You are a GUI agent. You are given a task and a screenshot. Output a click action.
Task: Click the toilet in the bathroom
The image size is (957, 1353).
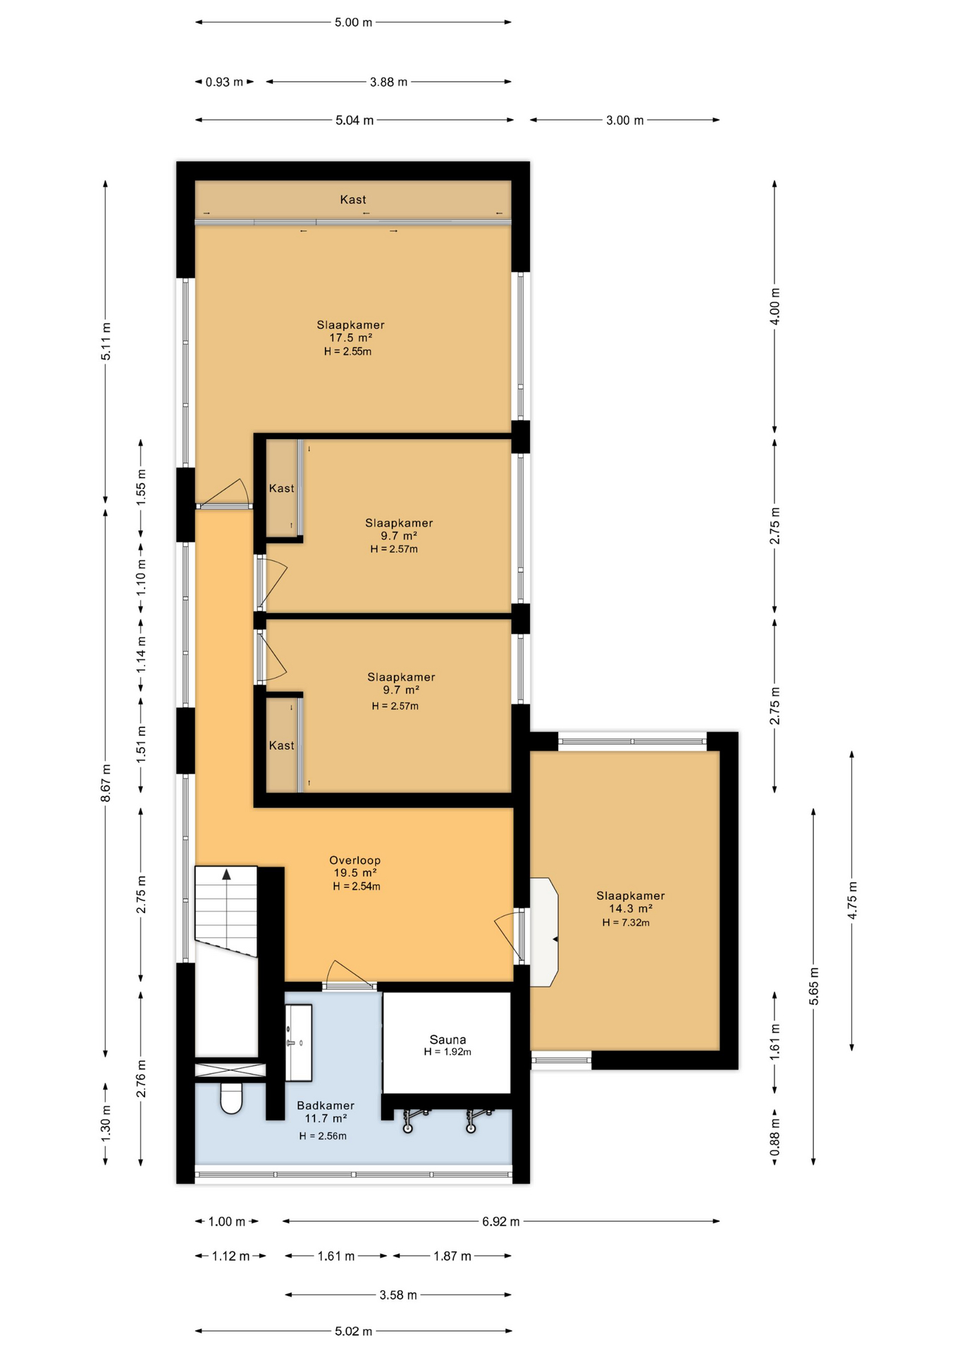tap(231, 1098)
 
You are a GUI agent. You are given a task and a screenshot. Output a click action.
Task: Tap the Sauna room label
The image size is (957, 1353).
tap(447, 1039)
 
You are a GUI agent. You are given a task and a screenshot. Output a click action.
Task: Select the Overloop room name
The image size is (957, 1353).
tap(355, 860)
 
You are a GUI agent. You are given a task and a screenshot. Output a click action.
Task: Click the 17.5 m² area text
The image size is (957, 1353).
tap(351, 338)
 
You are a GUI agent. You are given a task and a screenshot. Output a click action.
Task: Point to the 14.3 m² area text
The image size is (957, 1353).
tap(631, 908)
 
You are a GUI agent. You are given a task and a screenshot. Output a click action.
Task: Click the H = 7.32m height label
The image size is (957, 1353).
tap(626, 922)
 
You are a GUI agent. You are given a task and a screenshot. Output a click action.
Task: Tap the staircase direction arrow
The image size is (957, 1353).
tap(226, 875)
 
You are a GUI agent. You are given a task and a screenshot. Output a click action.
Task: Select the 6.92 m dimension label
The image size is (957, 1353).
tap(501, 1221)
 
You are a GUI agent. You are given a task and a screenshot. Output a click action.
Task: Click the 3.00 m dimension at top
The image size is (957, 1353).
tap(625, 121)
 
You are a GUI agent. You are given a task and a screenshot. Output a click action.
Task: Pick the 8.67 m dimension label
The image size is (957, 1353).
tap(106, 783)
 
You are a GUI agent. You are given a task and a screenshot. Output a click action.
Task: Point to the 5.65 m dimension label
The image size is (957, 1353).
tap(814, 987)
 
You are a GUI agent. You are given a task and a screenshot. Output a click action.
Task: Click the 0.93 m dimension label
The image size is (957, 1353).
tap(224, 82)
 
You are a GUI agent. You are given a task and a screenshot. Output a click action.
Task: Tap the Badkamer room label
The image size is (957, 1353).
tap(326, 1106)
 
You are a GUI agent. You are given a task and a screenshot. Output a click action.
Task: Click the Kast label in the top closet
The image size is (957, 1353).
tap(353, 199)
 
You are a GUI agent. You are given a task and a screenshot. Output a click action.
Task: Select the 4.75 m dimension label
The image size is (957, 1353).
tap(852, 901)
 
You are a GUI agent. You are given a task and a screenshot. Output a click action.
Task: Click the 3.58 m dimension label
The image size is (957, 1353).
tap(398, 1295)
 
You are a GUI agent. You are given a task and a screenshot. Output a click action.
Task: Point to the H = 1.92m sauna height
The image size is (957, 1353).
tap(447, 1052)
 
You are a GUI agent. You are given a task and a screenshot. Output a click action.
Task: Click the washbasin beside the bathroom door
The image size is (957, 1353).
tap(299, 1042)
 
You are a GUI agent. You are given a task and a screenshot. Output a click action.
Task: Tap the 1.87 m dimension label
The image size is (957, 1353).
tap(452, 1256)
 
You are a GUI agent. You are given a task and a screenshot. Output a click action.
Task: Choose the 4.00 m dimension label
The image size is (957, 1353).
tap(775, 307)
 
